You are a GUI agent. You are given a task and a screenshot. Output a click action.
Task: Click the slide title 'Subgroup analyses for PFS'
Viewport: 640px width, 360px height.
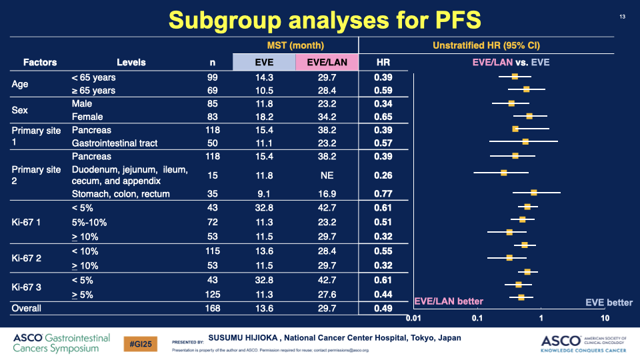tap(325, 19)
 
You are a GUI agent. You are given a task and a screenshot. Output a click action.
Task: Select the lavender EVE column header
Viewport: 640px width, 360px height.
tap(264, 63)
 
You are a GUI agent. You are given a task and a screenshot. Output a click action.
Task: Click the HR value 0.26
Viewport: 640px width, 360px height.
tap(383, 175)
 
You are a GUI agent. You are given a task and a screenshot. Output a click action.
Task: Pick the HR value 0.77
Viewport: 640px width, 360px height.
tap(383, 194)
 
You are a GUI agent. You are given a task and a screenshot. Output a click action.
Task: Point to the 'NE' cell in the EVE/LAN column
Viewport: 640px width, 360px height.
tap(326, 175)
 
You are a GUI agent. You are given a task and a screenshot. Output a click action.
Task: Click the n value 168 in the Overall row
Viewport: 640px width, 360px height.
tap(212, 309)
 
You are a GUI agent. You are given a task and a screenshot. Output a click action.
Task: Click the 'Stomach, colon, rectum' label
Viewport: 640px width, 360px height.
tap(121, 194)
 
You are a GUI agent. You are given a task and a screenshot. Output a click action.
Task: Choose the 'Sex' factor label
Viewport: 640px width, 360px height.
tap(21, 111)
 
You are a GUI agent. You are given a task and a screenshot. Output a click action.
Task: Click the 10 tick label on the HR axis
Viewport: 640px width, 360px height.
tap(605, 318)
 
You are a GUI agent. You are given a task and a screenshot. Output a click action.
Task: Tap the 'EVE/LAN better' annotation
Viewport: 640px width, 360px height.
tap(449, 302)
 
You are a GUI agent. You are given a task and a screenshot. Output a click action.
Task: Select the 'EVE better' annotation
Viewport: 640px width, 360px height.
tap(609, 303)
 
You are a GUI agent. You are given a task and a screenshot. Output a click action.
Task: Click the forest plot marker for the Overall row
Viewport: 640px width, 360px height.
tap(521, 297)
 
